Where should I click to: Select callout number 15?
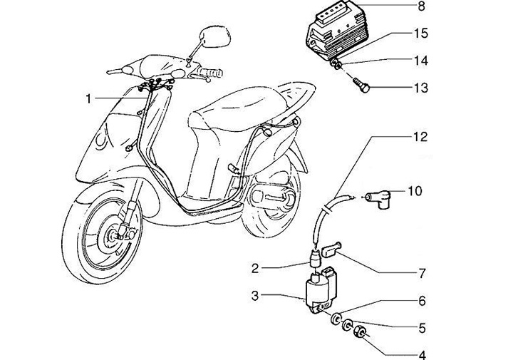420,34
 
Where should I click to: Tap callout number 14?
420,61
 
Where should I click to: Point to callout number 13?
420,88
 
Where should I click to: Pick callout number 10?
415,190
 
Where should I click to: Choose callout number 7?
420,273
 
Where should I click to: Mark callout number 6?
420,302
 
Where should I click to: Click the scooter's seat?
235,107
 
